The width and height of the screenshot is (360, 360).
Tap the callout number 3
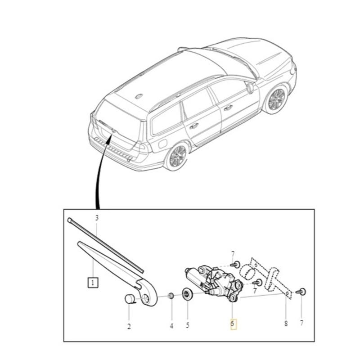[96, 217]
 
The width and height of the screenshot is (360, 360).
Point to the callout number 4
[171, 326]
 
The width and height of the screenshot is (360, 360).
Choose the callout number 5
[187, 326]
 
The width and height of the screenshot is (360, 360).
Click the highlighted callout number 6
[233, 323]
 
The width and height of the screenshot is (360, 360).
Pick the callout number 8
[286, 323]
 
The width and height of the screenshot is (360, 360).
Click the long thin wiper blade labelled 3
[106, 245]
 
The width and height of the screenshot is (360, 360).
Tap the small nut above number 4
[171, 295]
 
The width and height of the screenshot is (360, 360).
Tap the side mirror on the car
[250, 88]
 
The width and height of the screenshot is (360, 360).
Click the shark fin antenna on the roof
[139, 95]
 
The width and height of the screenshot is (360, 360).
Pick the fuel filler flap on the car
[162, 144]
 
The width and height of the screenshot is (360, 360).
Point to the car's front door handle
[229, 108]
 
